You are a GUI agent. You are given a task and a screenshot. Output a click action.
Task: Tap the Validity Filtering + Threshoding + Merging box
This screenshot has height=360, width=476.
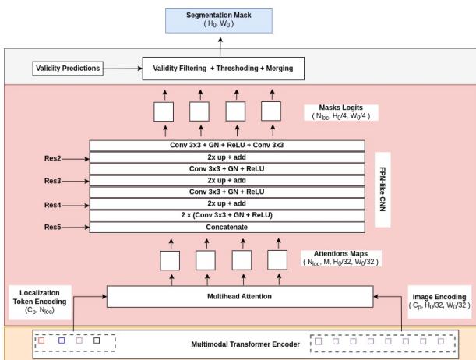tap(220, 69)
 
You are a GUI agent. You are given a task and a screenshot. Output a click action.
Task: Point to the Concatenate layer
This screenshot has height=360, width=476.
tap(227, 227)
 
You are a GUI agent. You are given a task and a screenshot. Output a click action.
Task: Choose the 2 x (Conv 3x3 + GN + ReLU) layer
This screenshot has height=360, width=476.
tap(227, 214)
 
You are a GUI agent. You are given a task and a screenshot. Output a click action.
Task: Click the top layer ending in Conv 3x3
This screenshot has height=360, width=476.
tap(227, 145)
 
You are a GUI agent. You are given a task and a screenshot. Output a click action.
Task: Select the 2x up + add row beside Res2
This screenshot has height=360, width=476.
tap(227, 157)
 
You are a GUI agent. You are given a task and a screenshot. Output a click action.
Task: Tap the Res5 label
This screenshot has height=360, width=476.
tap(54, 228)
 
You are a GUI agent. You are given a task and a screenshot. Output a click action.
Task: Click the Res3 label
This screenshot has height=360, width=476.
tap(54, 180)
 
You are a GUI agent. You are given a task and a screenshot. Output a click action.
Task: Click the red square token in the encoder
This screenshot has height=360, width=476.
tap(42, 340)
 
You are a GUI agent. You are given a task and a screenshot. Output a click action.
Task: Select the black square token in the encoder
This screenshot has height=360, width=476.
tap(97, 340)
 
